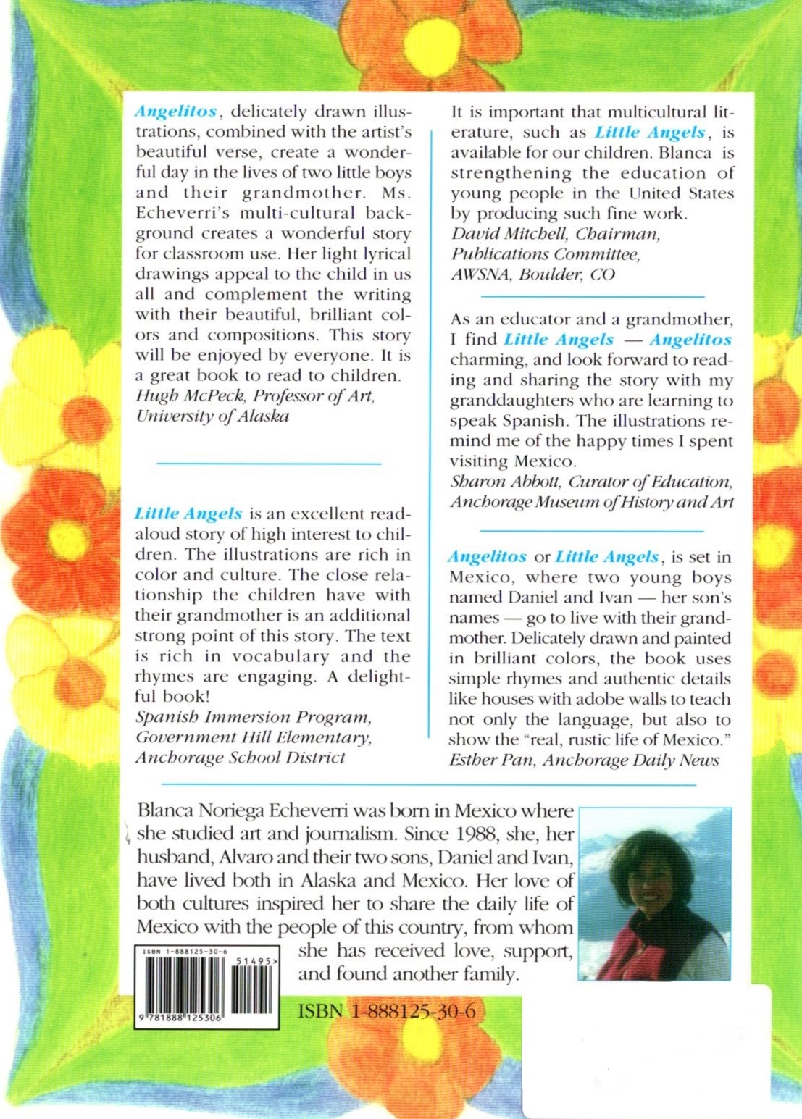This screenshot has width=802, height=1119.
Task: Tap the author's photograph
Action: (655, 894)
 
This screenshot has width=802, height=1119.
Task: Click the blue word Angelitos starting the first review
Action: (175, 112)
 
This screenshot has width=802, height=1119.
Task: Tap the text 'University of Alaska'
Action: (212, 416)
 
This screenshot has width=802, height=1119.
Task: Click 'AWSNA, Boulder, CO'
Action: (532, 274)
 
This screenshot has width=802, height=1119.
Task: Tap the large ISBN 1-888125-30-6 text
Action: (386, 1010)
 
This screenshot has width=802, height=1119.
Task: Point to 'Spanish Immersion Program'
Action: (253, 717)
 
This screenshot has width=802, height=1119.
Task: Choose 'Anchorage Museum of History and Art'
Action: (592, 502)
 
